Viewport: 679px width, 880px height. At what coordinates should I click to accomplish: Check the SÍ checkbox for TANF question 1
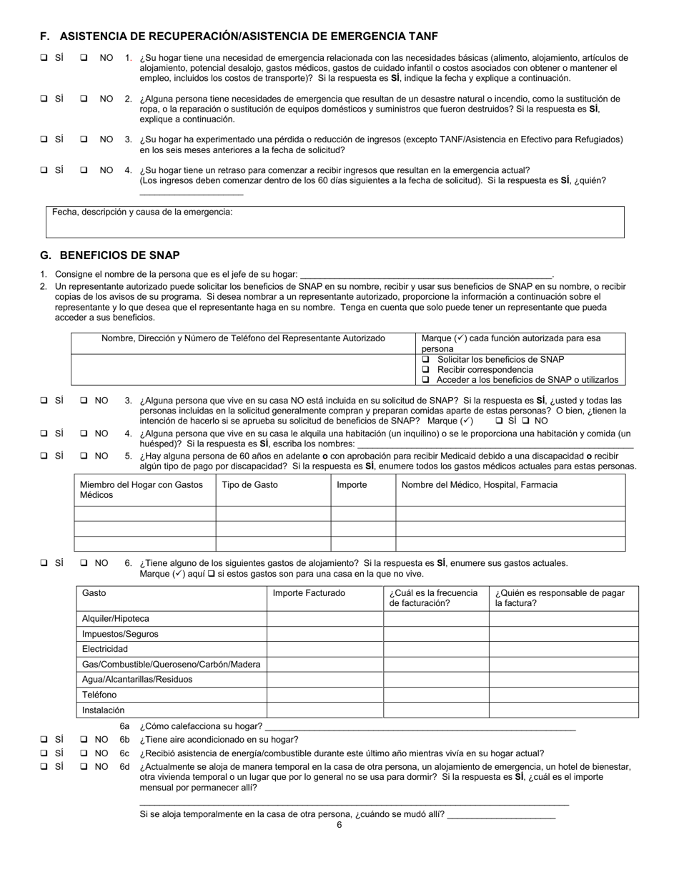[44, 58]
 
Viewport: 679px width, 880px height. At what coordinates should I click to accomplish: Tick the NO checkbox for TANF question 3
[84, 140]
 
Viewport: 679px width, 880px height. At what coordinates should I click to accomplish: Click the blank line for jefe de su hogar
[426, 274]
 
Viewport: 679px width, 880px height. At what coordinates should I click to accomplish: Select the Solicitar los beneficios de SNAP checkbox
[426, 359]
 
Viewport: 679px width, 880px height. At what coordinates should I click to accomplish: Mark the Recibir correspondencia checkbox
[426, 370]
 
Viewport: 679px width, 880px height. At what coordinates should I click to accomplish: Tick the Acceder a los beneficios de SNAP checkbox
[426, 380]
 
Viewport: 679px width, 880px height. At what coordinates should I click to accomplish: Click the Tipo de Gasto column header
[250, 485]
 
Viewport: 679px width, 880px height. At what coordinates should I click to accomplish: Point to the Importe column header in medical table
[352, 485]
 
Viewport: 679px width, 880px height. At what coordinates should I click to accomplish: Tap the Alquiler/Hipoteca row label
[116, 619]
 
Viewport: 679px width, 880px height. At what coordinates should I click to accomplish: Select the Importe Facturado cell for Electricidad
[324, 649]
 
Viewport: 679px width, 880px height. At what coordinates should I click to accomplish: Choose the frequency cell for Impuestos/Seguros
[435, 634]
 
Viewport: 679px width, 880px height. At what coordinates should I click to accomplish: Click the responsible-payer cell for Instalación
[563, 710]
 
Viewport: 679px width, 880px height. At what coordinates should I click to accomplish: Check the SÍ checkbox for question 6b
[44, 740]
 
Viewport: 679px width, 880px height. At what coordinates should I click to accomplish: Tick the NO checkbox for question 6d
[84, 767]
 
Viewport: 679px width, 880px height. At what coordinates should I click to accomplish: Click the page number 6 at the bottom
[339, 825]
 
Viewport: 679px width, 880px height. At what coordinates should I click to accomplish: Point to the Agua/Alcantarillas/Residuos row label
[137, 680]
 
